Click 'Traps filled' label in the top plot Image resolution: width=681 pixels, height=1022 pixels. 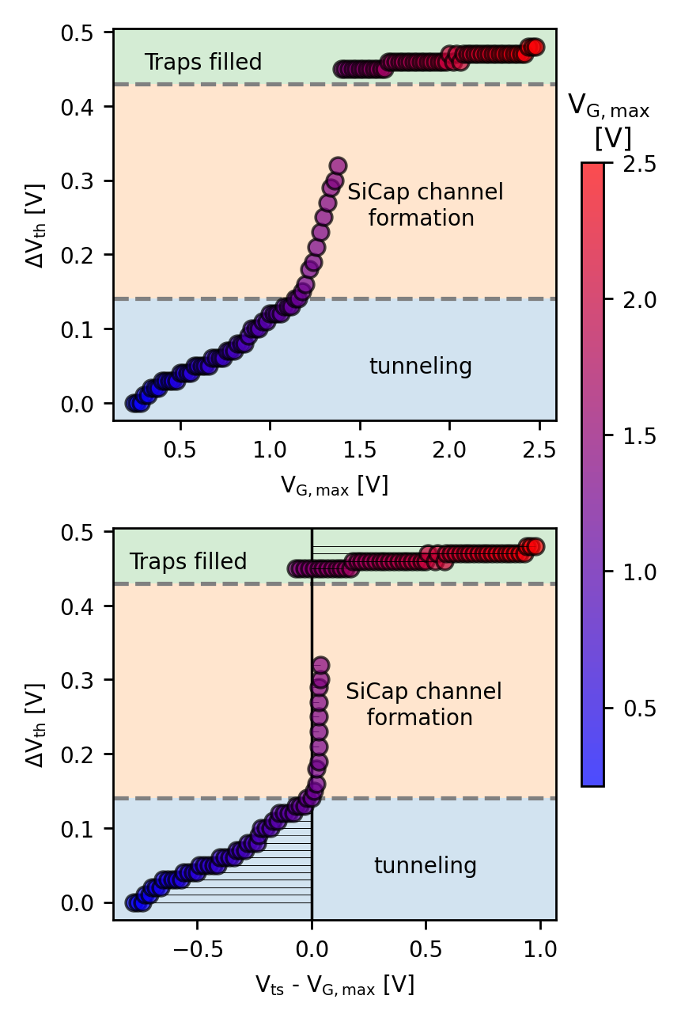tap(203, 63)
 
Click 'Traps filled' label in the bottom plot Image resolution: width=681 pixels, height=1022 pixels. tap(188, 562)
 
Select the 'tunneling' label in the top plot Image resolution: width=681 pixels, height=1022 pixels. tap(421, 367)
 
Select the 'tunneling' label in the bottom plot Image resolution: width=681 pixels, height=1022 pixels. tap(426, 866)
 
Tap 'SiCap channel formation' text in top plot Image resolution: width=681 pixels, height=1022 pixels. tap(426, 205)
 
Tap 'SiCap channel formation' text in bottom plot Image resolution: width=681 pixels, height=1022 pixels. tap(424, 705)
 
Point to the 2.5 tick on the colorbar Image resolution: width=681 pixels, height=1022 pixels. tap(628, 163)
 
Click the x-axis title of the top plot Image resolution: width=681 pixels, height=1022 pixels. tap(335, 485)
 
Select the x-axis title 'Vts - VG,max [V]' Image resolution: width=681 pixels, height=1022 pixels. tap(335, 985)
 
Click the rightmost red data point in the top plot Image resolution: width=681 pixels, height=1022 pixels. tap(536, 47)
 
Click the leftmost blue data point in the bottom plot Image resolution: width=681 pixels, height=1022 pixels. tap(133, 902)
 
